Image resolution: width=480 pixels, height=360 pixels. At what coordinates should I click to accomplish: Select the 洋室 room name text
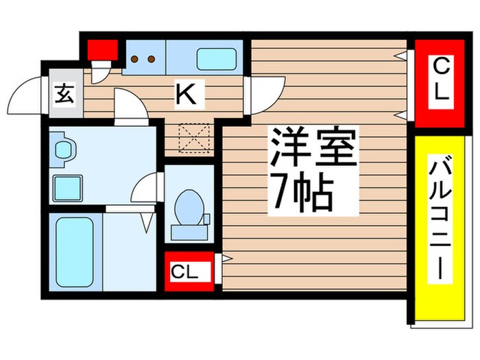[x=313, y=148]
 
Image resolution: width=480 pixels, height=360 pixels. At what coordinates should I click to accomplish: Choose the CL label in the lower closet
[x=183, y=272]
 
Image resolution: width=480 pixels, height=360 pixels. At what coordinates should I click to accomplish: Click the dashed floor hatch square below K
[x=193, y=137]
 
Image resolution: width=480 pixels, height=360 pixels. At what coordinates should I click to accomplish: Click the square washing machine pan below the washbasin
[x=68, y=186]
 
